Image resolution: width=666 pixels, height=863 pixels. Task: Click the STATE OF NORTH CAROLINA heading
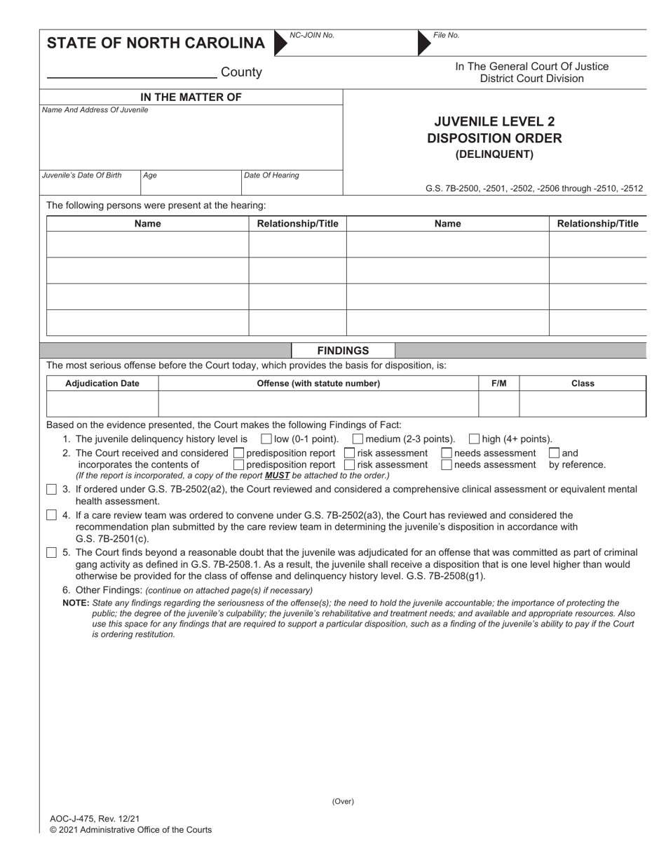[x=156, y=44]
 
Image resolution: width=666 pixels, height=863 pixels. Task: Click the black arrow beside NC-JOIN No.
[x=280, y=43]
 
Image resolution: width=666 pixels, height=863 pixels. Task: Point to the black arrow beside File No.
[x=424, y=43]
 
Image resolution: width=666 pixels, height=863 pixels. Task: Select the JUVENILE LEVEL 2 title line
[x=494, y=121]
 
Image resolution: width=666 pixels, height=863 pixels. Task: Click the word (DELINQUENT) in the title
[x=494, y=154]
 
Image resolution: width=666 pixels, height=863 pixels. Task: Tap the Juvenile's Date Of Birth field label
[x=81, y=175]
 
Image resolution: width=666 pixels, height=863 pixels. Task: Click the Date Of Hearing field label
[x=271, y=175]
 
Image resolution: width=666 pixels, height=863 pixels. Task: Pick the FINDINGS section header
[x=343, y=350]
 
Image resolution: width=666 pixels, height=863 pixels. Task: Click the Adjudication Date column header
[x=102, y=383]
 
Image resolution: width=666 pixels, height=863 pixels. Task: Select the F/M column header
[x=498, y=383]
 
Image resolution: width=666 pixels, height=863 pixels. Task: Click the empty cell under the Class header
[x=582, y=404]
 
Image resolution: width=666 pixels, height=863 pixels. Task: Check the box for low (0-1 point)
[x=266, y=439]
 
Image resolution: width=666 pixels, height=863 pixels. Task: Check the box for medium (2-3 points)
[x=358, y=439]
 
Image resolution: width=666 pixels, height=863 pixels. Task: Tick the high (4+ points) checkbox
[x=474, y=439]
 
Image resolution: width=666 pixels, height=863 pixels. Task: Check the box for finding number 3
[x=52, y=489]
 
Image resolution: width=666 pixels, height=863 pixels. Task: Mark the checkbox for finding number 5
[x=52, y=552]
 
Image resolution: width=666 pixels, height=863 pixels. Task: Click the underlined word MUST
[x=277, y=476]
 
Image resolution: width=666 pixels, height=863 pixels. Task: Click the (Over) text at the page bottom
[x=343, y=801]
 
